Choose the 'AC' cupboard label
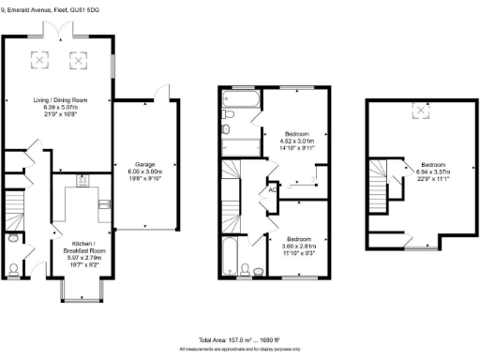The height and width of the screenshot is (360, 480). coord(272,188)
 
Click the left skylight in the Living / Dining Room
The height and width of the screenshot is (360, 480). coord(40,58)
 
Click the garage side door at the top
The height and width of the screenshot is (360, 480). coord(166,90)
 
